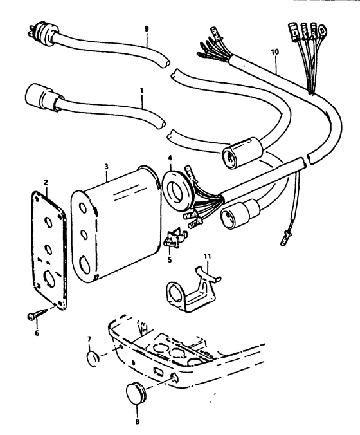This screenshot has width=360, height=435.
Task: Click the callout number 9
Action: tap(147, 28)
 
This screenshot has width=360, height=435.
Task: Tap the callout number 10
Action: tap(275, 52)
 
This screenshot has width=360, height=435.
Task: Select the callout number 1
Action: tap(141, 91)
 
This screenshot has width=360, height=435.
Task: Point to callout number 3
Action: tap(107, 167)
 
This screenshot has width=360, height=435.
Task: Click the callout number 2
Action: tap(46, 183)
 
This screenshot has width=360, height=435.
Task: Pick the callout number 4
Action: tap(170, 158)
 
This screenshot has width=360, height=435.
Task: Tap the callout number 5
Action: tap(170, 260)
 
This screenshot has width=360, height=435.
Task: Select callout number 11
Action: tap(207, 255)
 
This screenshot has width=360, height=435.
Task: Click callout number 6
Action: tap(37, 333)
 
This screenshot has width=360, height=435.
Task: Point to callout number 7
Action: tap(89, 339)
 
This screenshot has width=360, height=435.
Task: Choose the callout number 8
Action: tap(138, 422)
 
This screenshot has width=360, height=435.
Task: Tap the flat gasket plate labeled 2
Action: tap(49, 250)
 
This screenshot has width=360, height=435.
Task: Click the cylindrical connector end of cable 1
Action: tap(44, 97)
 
